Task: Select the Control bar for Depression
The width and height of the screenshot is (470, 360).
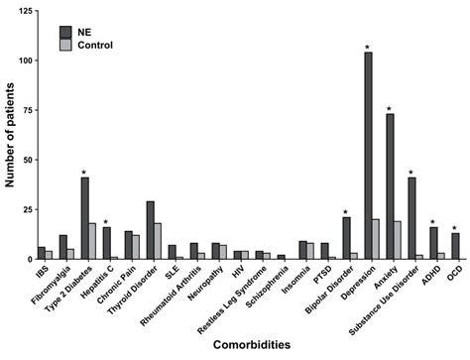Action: pyautogui.click(x=377, y=239)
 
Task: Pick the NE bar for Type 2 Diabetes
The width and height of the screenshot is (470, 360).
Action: pyautogui.click(x=85, y=218)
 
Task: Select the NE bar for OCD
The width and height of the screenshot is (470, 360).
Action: pyautogui.click(x=455, y=246)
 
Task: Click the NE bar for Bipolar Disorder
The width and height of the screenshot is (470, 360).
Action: pyautogui.click(x=346, y=238)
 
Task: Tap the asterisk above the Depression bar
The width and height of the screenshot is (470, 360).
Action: pyautogui.click(x=368, y=47)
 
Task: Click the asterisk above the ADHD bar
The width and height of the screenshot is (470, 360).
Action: pyautogui.click(x=433, y=221)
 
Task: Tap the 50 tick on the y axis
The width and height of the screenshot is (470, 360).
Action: pyautogui.click(x=38, y=160)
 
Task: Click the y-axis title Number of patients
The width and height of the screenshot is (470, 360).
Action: pyautogui.click(x=10, y=135)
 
